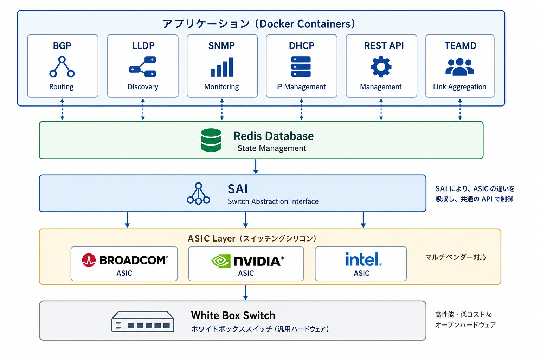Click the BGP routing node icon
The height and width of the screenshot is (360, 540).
coord(62,67)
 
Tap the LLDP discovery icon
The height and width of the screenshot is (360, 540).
coord(143,67)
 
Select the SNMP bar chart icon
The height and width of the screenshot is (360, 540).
coord(222,67)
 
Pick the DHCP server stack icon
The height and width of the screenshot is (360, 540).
coord(301,66)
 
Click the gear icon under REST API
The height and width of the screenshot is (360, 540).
coord(381,67)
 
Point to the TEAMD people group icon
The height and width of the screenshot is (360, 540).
coord(460,67)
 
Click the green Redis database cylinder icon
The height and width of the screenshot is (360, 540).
coord(211,140)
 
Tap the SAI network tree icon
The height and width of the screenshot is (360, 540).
coord(198,193)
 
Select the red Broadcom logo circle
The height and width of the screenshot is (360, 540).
coord(89,260)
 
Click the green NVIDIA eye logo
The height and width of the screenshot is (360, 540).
coord(221,261)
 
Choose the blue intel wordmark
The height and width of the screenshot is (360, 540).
coord(364,259)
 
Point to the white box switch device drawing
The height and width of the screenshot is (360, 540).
coord(143,321)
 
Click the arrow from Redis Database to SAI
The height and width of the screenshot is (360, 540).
coord(256,167)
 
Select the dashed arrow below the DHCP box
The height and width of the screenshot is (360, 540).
coord(301,109)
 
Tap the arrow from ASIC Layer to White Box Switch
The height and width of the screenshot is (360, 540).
coord(245,292)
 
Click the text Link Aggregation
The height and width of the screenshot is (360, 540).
coord(459,87)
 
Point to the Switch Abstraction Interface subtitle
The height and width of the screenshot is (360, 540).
coord(273,201)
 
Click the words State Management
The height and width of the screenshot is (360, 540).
coord(272,148)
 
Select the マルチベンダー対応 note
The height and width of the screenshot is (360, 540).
coord(456,257)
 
